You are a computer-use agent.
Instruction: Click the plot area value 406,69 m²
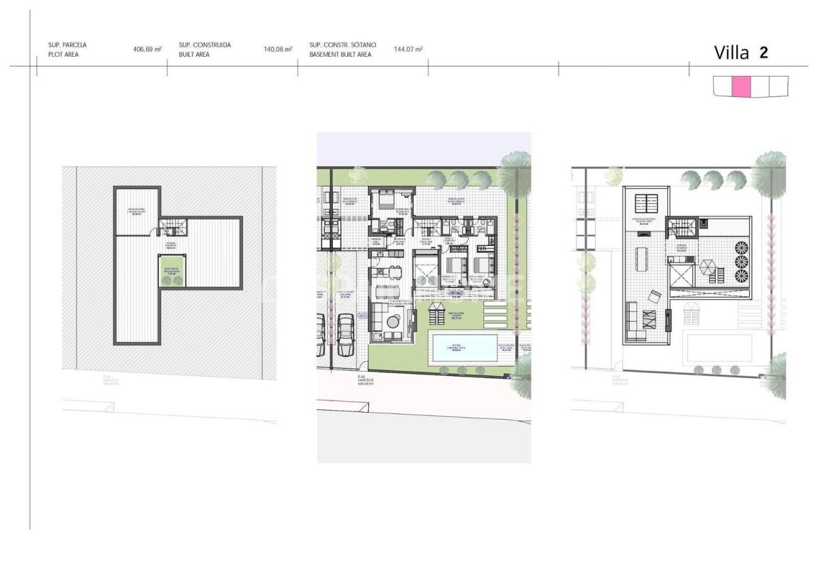coord(147,50)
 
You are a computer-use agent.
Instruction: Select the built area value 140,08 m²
coord(277,50)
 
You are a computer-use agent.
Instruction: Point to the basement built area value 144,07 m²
coord(408,50)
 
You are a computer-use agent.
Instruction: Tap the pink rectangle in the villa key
coord(741,86)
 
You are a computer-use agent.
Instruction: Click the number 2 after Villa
coord(764,53)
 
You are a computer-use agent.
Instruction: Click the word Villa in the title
coord(731,54)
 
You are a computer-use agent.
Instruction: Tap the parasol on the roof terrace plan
coord(707,267)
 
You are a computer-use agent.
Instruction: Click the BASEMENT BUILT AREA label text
coord(340,55)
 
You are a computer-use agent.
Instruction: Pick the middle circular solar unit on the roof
coord(741,261)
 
